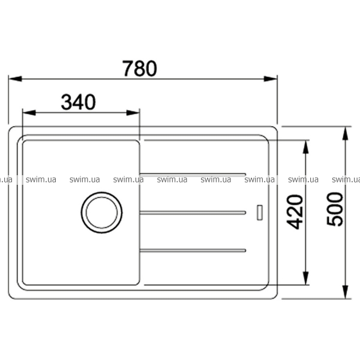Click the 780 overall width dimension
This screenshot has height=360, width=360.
click(x=140, y=68)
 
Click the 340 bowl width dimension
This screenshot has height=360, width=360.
click(x=78, y=102)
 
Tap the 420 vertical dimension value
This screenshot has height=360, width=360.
click(x=295, y=212)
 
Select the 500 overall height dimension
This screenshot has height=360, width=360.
click(x=335, y=209)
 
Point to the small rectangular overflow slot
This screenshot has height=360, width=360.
click(x=260, y=212)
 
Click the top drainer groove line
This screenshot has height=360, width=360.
click(x=193, y=175)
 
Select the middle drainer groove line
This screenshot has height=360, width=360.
click(x=193, y=213)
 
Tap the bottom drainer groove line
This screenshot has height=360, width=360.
click(x=193, y=250)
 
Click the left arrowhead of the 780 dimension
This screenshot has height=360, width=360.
click(x=15, y=79)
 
